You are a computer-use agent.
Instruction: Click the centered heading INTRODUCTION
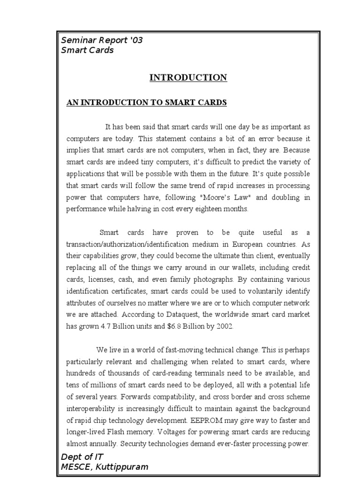coord(188,78)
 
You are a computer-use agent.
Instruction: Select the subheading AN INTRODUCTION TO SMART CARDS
coord(147,103)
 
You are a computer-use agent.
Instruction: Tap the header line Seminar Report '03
coord(102,40)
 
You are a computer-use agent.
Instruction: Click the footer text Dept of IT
coord(82,457)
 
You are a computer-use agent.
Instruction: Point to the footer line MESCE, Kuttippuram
coord(105,467)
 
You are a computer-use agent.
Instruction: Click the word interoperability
coord(94,408)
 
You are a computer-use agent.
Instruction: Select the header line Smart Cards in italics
coord(87,50)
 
